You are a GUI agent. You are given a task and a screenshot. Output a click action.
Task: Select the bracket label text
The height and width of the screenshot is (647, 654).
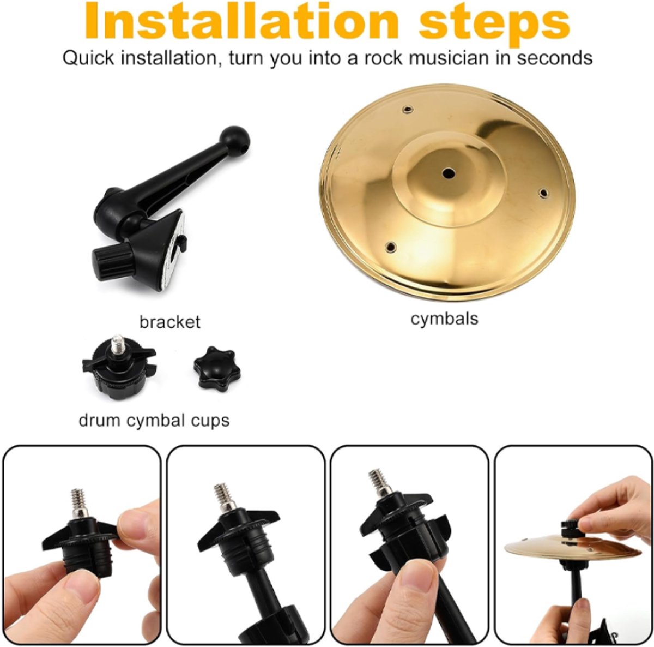coord(169,322)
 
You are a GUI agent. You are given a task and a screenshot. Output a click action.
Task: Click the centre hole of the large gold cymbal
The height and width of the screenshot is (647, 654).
coord(449,173)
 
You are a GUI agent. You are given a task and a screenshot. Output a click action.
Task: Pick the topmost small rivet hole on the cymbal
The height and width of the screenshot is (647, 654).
coord(407,110)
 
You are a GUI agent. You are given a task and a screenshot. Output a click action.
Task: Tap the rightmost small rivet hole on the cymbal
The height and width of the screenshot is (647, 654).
coord(542,193)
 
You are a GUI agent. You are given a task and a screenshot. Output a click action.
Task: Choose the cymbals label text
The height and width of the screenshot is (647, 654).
coord(444,319)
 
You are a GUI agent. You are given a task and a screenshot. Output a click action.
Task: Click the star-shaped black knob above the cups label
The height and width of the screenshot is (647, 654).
coord(216,368)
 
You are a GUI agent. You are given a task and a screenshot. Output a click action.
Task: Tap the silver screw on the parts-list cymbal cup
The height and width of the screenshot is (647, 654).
coord(116,344)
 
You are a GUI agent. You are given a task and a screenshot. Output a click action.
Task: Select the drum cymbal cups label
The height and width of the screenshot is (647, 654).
coord(154,421)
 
